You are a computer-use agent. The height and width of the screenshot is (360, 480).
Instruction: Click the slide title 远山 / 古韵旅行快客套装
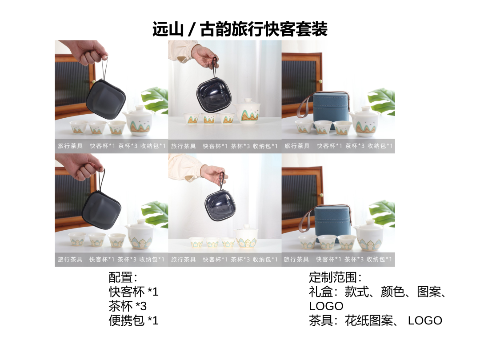(240, 29)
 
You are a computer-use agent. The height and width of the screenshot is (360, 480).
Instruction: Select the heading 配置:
(123, 277)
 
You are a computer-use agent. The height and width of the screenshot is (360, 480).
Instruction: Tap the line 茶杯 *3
(128, 306)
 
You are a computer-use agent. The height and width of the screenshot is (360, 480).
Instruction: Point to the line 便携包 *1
(133, 320)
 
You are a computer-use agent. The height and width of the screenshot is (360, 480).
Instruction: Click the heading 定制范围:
(335, 277)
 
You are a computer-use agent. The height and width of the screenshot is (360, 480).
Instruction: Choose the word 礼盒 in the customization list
(320, 292)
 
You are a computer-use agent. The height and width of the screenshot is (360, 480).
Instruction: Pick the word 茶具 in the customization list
(320, 320)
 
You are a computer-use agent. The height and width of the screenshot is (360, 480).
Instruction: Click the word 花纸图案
(369, 320)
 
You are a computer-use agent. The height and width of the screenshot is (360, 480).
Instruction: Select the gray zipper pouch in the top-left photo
(106, 99)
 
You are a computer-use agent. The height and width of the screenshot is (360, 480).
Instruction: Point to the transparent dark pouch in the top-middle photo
(214, 95)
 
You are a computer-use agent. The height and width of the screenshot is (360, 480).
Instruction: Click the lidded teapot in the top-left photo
(138, 121)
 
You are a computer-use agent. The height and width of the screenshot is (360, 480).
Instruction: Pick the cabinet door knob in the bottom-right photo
(321, 195)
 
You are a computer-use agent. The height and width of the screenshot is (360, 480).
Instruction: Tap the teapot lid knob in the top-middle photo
(248, 100)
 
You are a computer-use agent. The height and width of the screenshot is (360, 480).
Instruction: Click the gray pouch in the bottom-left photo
(102, 210)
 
